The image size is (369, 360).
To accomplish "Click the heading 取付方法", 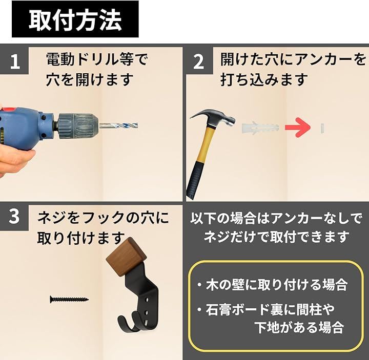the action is [75, 20].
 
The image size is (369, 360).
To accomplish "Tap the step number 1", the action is [15, 61].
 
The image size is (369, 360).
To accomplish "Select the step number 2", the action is [198, 62].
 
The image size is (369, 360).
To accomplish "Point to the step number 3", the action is [14, 217].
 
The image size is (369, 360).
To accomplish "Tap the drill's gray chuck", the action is [78, 126].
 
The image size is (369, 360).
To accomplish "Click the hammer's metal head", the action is [213, 118].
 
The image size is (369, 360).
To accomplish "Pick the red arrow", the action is [298, 128].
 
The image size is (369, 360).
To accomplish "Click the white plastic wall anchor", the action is [260, 128].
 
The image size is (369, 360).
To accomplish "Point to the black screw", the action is [69, 300].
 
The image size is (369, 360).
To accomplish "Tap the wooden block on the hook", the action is [126, 257].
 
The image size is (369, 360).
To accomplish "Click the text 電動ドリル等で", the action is [96, 59].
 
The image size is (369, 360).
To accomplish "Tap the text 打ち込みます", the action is [264, 79].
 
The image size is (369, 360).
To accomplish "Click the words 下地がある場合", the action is [299, 327].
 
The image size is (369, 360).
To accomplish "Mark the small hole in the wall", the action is [322, 128].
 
